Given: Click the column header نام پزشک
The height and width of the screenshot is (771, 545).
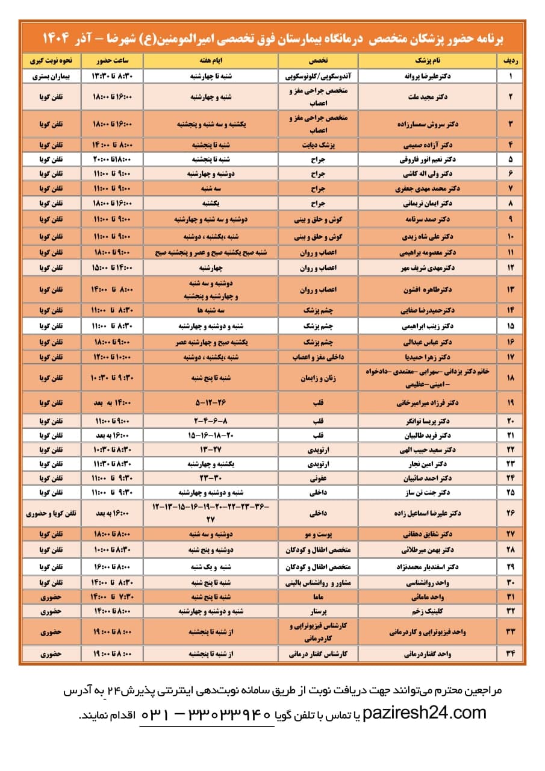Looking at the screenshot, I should pos(428,61).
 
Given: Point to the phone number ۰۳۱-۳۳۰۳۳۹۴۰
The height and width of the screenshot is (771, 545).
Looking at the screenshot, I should pos(208,715).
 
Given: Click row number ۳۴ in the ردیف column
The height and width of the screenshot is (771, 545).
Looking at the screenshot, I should pos(511,654).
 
